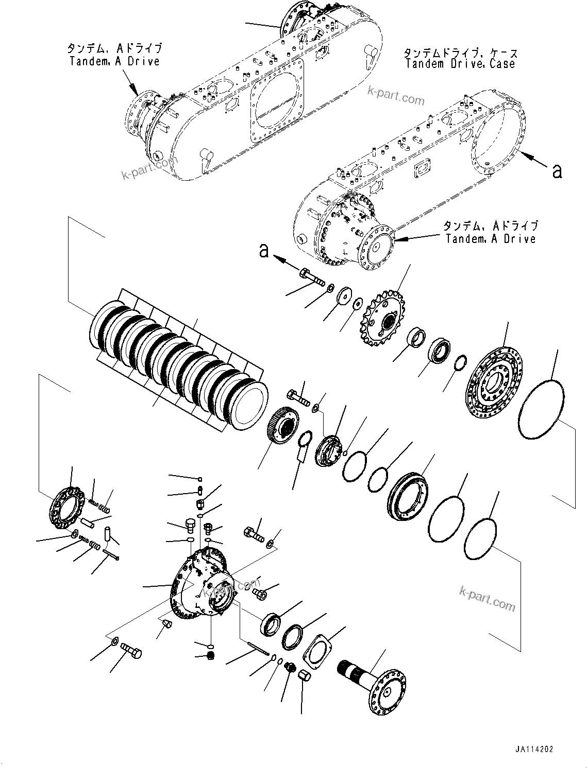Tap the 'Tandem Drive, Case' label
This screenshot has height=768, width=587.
click(x=460, y=58)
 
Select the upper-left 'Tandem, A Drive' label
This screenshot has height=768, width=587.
click(x=114, y=55)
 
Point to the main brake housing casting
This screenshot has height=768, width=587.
click(x=204, y=587)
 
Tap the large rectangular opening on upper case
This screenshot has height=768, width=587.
click(x=277, y=97)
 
